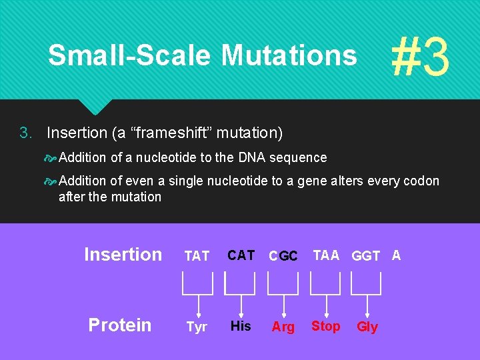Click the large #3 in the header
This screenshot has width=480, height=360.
(x=420, y=57)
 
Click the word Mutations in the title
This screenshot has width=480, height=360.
(x=289, y=55)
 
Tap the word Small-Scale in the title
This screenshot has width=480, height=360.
(x=131, y=55)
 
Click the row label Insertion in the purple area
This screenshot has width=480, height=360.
(x=123, y=255)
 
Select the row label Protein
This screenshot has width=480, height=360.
(x=120, y=325)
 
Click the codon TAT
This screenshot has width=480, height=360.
(x=197, y=256)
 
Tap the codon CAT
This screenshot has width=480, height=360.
(x=241, y=255)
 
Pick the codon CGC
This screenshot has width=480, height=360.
(x=283, y=256)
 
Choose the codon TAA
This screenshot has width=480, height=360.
(x=326, y=255)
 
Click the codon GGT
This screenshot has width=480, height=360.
(x=366, y=256)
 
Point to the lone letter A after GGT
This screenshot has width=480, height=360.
(x=396, y=255)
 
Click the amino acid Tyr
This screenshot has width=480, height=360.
(x=197, y=327)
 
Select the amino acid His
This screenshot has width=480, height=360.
(x=241, y=326)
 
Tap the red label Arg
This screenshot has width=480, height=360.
(x=283, y=327)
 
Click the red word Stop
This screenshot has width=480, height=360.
(x=326, y=326)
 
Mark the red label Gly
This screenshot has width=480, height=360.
(x=367, y=327)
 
